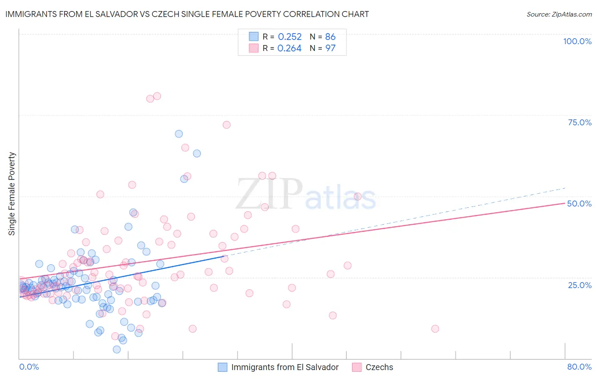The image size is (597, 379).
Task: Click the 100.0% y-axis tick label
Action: click(x=577, y=41)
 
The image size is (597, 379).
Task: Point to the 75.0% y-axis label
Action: click(x=580, y=122)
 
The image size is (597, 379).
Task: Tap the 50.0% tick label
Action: click(x=579, y=204)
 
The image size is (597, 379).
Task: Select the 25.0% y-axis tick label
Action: click(x=580, y=285)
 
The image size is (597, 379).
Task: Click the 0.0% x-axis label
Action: click(x=29, y=367)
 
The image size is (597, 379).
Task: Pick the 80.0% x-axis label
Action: click(x=579, y=367)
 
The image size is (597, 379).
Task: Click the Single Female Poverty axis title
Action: click(x=12, y=194)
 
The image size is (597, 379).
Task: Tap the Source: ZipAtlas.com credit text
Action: click(x=559, y=14)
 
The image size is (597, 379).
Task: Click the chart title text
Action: click(x=187, y=14)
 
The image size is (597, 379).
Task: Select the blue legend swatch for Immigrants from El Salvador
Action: click(x=222, y=367)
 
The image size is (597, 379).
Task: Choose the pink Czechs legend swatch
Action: click(x=357, y=367)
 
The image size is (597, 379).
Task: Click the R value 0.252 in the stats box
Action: click(x=290, y=37)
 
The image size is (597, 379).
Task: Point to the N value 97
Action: click(x=330, y=48)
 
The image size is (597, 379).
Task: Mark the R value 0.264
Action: click(x=289, y=48)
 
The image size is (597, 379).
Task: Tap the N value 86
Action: click(x=330, y=37)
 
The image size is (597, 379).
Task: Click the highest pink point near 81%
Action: click(x=157, y=96)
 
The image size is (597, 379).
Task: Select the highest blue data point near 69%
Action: click(x=179, y=134)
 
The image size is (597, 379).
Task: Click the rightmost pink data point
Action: click(x=435, y=328)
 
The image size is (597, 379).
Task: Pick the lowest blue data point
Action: click(x=117, y=349)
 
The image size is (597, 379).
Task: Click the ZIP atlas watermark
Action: click(x=306, y=195)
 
